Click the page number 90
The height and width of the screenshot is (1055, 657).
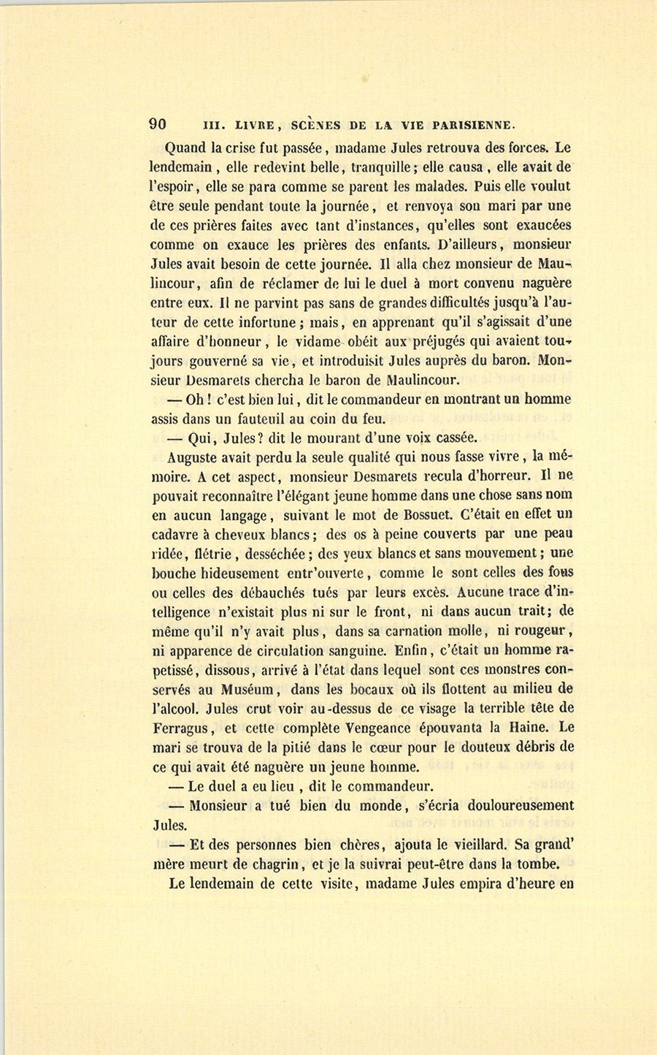(x=158, y=123)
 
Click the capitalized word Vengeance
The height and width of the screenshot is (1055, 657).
(x=363, y=728)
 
